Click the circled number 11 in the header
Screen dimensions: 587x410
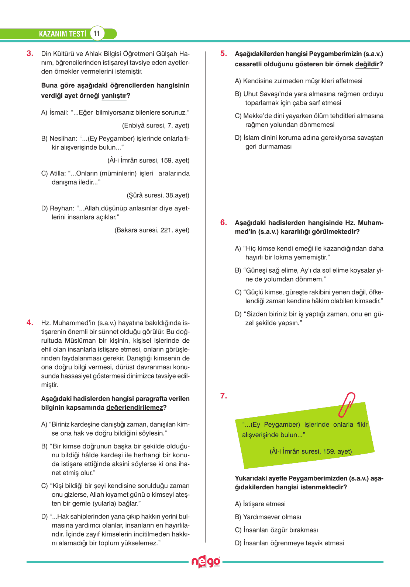coord(97,34)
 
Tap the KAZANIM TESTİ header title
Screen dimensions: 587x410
coord(62,34)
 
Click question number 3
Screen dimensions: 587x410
coord(30,53)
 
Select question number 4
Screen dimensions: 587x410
coord(30,322)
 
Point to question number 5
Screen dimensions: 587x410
coord(224,53)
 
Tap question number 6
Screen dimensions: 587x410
coord(224,222)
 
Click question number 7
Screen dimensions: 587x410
coord(224,396)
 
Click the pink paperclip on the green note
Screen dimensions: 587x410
coord(347,404)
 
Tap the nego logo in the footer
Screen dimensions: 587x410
coord(206,562)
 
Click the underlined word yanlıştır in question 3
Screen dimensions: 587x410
coord(114,96)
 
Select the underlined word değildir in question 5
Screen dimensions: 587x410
coord(367,64)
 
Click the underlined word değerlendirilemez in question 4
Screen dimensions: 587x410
coord(134,408)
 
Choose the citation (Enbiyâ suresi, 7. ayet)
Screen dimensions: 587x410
coord(155,126)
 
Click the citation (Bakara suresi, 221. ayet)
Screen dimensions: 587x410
coord(152,230)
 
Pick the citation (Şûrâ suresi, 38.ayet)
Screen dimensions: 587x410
coord(158,195)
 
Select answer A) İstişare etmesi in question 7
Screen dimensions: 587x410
coord(260,504)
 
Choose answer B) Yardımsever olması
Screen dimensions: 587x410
coord(268,517)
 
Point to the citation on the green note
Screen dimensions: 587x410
coord(311,451)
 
